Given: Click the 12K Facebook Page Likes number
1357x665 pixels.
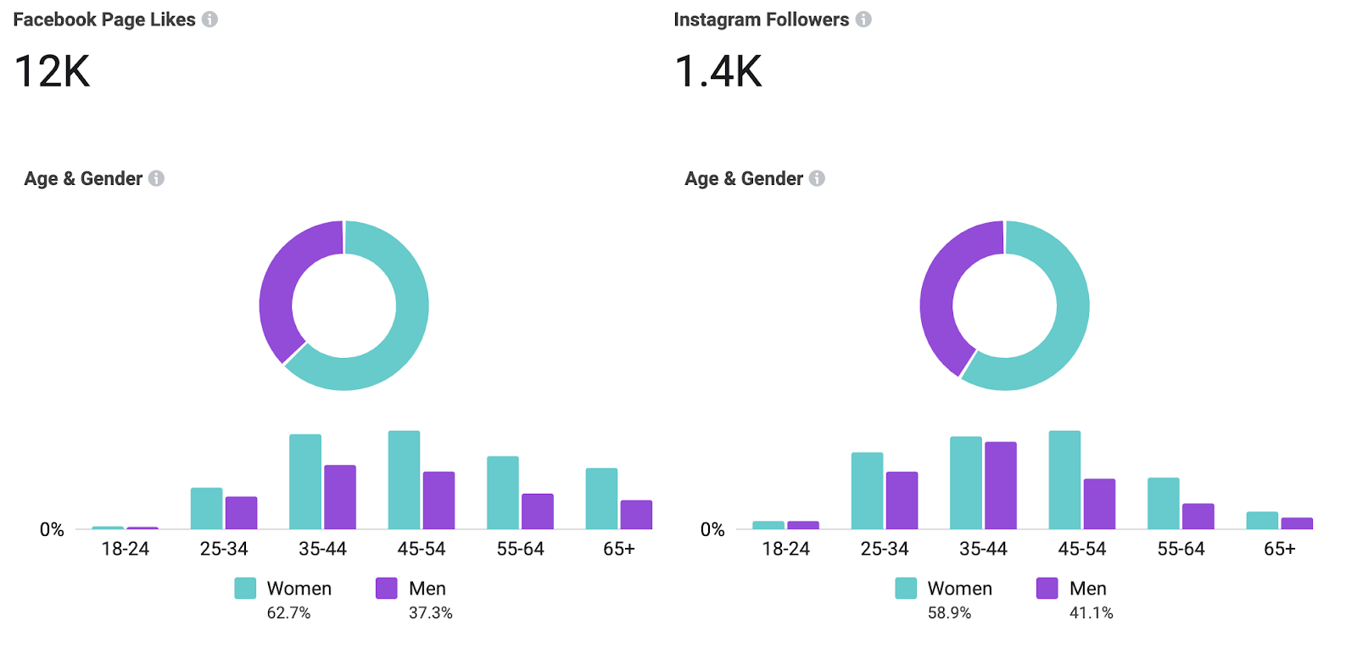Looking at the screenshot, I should [52, 71].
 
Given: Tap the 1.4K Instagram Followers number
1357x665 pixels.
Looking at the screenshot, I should [718, 71].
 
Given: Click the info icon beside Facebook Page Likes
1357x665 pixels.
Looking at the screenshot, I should [209, 20].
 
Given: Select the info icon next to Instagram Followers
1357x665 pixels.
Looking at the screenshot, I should [863, 20].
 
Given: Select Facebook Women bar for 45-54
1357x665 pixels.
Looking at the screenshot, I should [404, 480].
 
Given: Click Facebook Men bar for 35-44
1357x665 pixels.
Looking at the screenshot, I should [340, 497].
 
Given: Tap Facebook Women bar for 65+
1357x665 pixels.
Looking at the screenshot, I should [601, 499].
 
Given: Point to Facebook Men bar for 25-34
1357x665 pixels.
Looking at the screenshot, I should [241, 513].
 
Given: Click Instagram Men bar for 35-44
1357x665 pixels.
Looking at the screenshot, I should [1001, 485].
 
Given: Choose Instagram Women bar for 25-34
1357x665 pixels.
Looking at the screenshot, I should [867, 491].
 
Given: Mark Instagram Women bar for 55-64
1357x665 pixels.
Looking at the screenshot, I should [1164, 504].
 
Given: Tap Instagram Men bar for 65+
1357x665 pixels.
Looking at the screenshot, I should [1297, 523].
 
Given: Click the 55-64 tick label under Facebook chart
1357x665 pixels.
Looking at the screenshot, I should [520, 550].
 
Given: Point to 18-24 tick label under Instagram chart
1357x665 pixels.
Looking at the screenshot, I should [785, 550].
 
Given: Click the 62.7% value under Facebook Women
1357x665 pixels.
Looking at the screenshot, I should [288, 612].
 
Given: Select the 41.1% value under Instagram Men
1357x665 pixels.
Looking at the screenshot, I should [1091, 612].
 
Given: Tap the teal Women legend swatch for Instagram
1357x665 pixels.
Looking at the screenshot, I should [906, 589].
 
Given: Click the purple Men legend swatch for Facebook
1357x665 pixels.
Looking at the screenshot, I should [387, 589].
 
